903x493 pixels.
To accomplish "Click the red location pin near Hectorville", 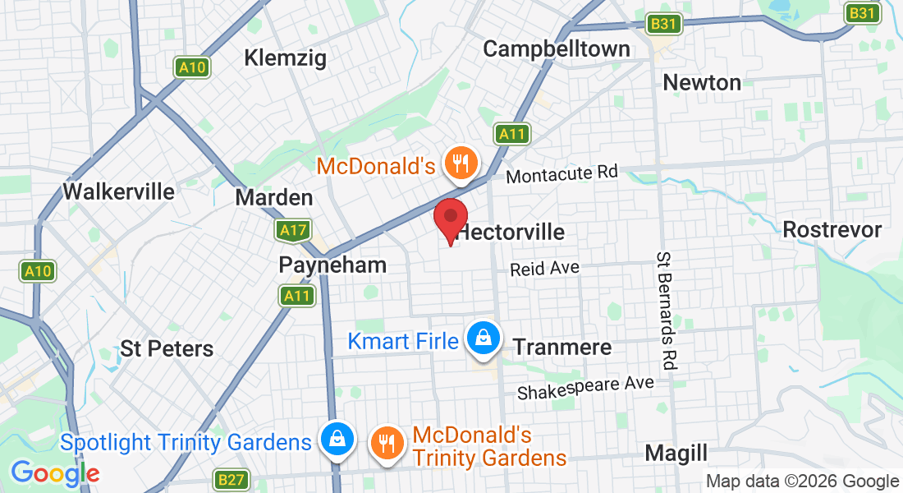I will [x=450, y=219].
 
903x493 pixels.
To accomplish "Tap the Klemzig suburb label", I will [x=286, y=58].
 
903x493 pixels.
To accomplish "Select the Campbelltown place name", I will [x=557, y=48].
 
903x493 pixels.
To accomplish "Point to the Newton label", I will [x=702, y=82].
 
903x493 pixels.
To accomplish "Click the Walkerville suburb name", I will [x=119, y=191].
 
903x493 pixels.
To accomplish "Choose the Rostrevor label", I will [x=832, y=229].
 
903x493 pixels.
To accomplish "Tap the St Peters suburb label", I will [x=167, y=348].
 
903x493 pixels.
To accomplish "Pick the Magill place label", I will [x=676, y=453].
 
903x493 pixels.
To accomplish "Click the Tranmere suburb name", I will [x=562, y=347].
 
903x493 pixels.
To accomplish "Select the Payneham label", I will [x=332, y=265].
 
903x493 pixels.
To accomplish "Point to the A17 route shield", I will [x=293, y=231].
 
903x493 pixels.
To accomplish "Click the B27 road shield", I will [x=231, y=478].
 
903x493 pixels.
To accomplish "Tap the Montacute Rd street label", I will [x=562, y=173].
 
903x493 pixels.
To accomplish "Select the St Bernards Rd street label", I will [x=666, y=311].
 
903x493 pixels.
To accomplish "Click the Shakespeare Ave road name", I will [x=585, y=388].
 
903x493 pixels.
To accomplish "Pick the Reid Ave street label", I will [x=544, y=269].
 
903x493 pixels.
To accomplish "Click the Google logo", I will [x=55, y=473].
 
